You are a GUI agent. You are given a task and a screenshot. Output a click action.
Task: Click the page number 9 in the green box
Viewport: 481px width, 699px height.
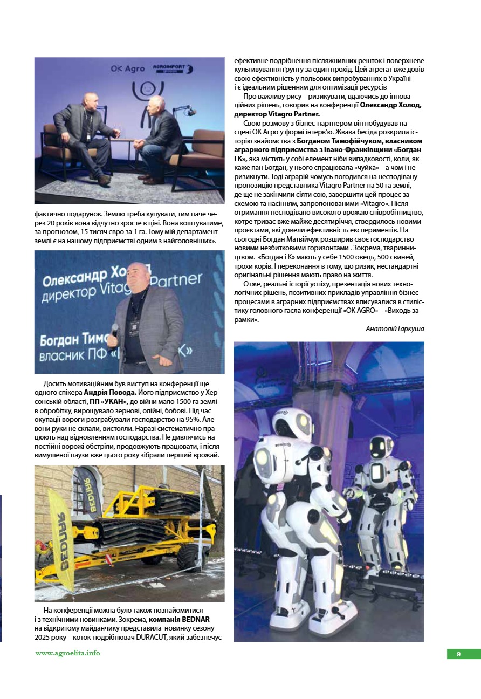pos(458,654)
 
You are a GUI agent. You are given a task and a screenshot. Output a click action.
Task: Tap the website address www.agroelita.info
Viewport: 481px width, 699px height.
pos(68,653)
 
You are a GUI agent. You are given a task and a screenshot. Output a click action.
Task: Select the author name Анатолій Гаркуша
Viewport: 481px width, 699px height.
pos(395,328)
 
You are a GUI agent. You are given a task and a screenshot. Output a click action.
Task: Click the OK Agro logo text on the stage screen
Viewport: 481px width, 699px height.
pos(128,69)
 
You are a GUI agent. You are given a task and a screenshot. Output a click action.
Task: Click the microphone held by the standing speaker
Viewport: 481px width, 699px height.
pos(114,330)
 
